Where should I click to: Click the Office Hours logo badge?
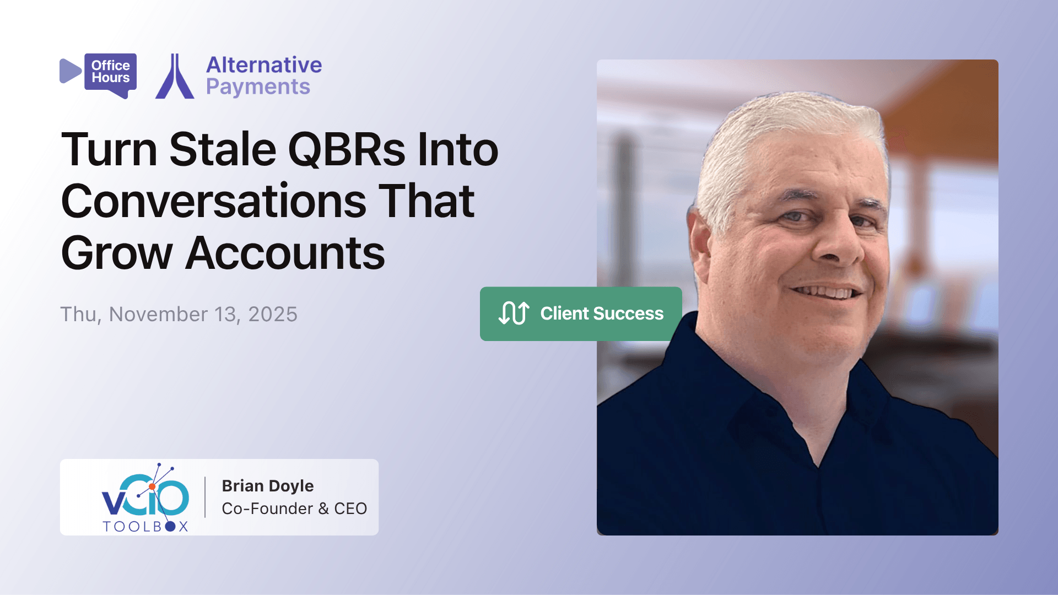coord(110,72)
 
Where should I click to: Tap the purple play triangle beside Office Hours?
coord(69,71)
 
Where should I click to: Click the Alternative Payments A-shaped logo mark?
coord(175,77)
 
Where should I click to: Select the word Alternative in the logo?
coord(264,65)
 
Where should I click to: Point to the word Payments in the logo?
coord(258,87)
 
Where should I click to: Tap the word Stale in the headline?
coord(223,149)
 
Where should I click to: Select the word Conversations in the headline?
coord(214,201)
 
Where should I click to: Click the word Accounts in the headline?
coord(285,253)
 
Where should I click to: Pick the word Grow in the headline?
coord(117,253)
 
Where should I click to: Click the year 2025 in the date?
coord(273,315)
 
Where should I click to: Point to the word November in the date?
coord(158,315)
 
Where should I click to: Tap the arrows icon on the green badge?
coord(514,313)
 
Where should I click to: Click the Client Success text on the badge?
coord(602,313)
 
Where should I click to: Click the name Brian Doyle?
coord(268,486)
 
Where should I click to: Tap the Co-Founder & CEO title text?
coord(294,509)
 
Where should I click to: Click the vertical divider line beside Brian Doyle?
coord(205,497)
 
